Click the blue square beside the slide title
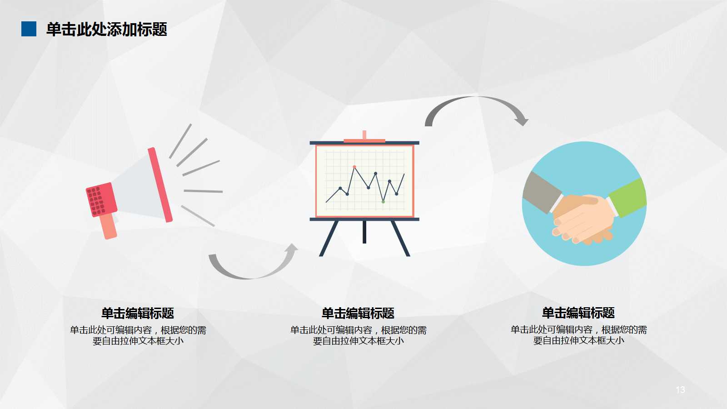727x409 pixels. [x=29, y=29]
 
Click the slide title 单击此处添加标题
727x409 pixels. [x=107, y=30]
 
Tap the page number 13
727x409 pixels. [x=680, y=390]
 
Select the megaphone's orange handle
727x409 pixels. [x=109, y=226]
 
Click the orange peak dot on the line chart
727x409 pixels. [x=354, y=167]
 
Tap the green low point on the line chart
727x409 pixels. [x=383, y=201]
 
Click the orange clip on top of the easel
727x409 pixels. [x=364, y=138]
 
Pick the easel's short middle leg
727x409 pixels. [x=364, y=232]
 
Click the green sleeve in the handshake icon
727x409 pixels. [x=628, y=197]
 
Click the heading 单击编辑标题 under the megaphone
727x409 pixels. [x=138, y=313]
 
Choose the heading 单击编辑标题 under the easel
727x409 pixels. [x=358, y=313]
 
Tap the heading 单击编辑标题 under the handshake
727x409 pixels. [x=578, y=313]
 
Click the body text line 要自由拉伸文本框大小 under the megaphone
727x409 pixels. [x=138, y=341]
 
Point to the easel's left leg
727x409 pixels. [x=329, y=238]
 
